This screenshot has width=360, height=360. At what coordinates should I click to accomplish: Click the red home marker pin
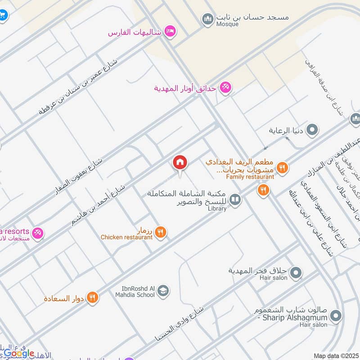click(180, 162)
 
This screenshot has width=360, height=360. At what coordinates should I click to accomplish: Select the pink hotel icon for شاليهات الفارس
click(170, 31)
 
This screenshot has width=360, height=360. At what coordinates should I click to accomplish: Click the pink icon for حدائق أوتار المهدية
click(225, 88)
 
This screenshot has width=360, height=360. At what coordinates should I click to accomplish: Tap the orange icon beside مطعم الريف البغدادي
click(282, 168)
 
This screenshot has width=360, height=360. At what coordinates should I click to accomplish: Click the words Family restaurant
click(250, 177)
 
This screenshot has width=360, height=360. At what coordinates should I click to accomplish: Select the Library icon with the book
click(235, 200)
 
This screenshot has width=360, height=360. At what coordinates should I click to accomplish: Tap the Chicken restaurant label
click(126, 237)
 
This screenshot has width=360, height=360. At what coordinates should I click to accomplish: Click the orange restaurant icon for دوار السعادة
click(92, 297)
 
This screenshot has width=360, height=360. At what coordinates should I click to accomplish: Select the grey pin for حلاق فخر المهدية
click(296, 272)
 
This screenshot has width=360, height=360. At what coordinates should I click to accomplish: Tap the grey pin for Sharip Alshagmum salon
click(335, 317)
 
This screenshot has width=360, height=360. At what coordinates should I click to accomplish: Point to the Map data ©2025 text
click(336, 356)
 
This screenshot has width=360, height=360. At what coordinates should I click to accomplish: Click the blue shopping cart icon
click(3, 15)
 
